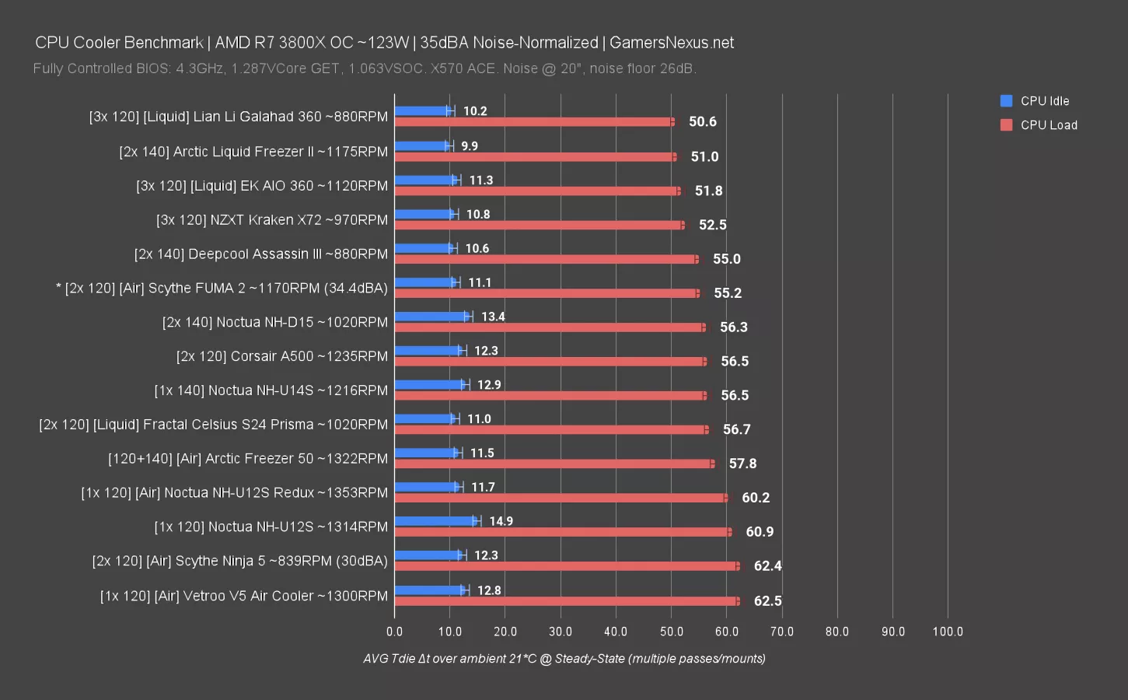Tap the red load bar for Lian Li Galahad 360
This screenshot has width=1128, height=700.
[x=535, y=122]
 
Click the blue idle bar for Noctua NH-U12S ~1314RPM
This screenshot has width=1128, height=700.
[x=435, y=521]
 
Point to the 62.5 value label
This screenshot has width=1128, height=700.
[x=767, y=601]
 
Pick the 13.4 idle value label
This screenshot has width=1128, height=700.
[x=493, y=317]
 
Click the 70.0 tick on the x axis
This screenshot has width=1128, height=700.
[x=782, y=632]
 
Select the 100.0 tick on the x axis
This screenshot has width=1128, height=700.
[x=948, y=632]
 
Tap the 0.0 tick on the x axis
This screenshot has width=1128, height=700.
[x=395, y=632]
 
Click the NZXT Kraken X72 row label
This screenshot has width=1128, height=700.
[x=271, y=220]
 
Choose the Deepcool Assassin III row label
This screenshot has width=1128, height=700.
[x=260, y=254]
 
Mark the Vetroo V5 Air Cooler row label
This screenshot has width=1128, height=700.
[x=243, y=596]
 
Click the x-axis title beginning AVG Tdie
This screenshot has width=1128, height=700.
[x=564, y=659]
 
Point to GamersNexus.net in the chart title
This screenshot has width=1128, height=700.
[x=671, y=43]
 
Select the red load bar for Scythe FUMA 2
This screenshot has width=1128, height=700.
[x=547, y=293]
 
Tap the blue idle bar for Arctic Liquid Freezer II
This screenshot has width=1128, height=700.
[x=422, y=145]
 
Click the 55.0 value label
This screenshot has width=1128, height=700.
[x=726, y=259]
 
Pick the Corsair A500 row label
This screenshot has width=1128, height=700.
[x=281, y=356]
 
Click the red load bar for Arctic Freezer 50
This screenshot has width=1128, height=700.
[x=554, y=464]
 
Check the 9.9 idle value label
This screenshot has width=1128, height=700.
[x=469, y=146]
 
